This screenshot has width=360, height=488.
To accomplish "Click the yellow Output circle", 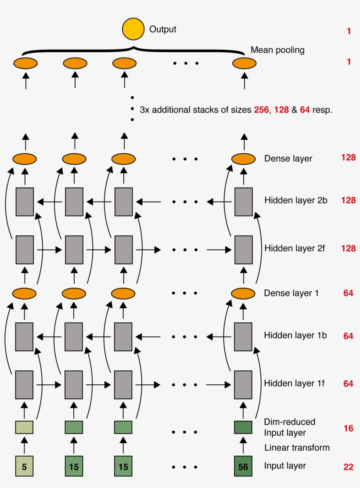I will click(x=133, y=29).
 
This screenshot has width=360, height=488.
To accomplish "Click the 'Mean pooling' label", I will click(x=277, y=50).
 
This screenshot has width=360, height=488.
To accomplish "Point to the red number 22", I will click(x=348, y=467).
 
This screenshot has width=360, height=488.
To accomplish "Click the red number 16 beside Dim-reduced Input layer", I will click(x=348, y=428).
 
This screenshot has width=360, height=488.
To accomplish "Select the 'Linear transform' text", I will click(x=297, y=448).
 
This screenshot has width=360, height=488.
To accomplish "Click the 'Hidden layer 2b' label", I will click(x=295, y=200).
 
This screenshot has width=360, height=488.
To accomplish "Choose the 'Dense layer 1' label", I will click(x=291, y=293).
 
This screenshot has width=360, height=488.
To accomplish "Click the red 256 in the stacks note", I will click(x=261, y=110).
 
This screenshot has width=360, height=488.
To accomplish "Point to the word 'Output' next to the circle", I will click(x=163, y=29).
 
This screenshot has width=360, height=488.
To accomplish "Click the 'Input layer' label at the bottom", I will click(x=285, y=466).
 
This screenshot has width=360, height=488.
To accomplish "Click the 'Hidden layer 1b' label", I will click(x=295, y=335).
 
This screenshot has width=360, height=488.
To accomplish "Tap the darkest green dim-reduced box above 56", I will click(x=243, y=427).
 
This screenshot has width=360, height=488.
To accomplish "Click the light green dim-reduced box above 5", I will click(x=25, y=427).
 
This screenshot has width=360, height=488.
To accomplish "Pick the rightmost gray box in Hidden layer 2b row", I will click(x=243, y=202).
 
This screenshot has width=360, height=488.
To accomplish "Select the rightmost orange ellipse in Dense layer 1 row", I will click(x=243, y=293).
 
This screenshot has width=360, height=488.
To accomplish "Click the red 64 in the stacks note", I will click(x=305, y=110).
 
